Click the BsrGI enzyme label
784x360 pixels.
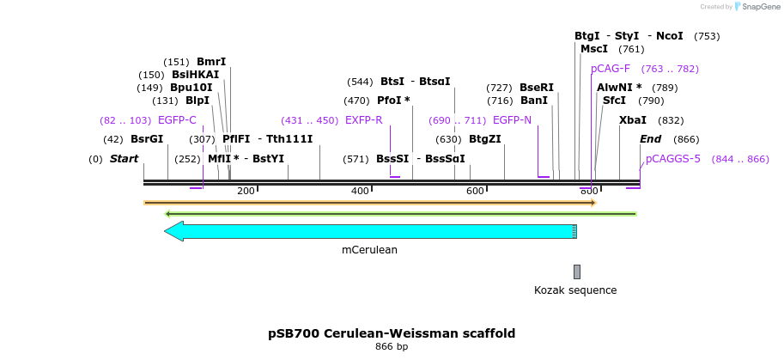pyautogui.click(x=147, y=139)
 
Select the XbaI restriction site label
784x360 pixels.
pyautogui.click(x=633, y=120)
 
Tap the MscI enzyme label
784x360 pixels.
pyautogui.click(x=594, y=49)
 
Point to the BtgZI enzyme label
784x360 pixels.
pyautogui.click(x=485, y=139)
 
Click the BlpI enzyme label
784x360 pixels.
pyautogui.click(x=191, y=101)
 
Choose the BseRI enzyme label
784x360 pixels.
pyautogui.click(x=537, y=88)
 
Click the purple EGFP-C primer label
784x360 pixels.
pyautogui.click(x=177, y=120)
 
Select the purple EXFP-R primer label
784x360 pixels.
pyautogui.click(x=363, y=120)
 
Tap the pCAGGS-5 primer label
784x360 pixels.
pyautogui.click(x=673, y=158)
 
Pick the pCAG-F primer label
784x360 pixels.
pyautogui.click(x=611, y=69)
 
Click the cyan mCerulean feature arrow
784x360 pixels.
pyautogui.click(x=370, y=231)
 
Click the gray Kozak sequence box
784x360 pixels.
pyautogui.click(x=577, y=272)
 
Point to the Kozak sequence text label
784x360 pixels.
pyautogui.click(x=575, y=290)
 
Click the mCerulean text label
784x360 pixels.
pyautogui.click(x=369, y=250)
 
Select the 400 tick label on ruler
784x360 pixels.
pyautogui.click(x=361, y=191)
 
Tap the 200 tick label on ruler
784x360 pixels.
pyautogui.click(x=246, y=191)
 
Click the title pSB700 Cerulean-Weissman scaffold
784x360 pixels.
pyautogui.click(x=392, y=333)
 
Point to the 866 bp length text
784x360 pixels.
pyautogui.click(x=392, y=346)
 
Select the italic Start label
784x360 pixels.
pyautogui.click(x=125, y=159)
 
